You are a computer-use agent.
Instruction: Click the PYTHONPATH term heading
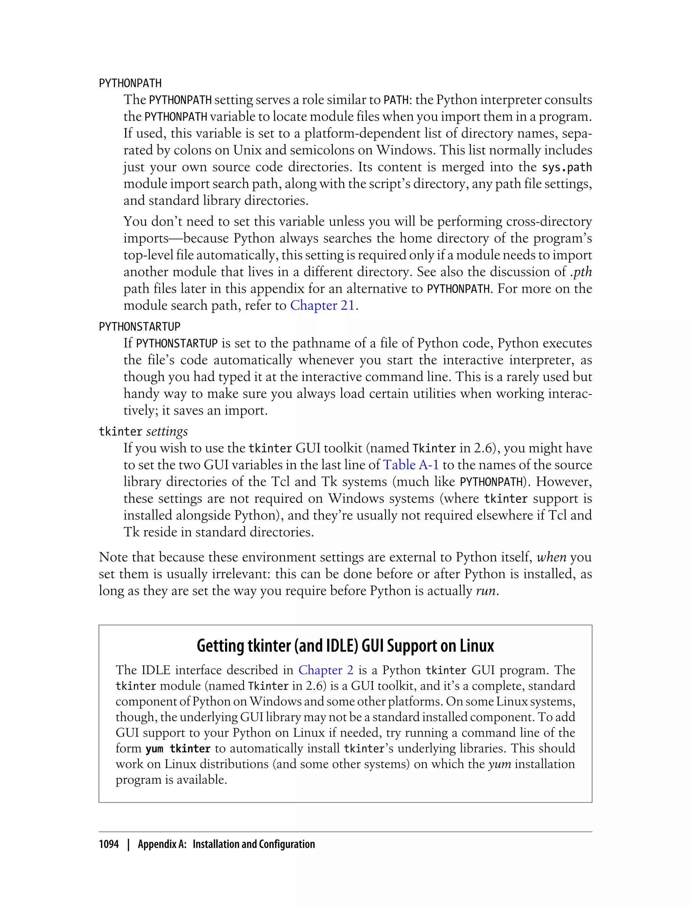130,83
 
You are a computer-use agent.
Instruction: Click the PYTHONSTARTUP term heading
139,327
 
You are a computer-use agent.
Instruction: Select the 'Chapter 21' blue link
322,306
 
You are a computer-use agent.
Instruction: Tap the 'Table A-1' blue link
411,465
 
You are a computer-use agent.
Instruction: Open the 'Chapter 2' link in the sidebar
326,670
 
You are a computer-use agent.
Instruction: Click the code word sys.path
567,167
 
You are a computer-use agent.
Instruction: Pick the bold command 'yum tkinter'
178,749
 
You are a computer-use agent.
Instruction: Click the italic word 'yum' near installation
499,764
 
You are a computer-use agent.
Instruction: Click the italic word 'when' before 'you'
552,557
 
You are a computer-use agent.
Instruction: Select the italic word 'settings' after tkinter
167,432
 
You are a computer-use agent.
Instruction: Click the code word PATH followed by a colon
395,100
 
